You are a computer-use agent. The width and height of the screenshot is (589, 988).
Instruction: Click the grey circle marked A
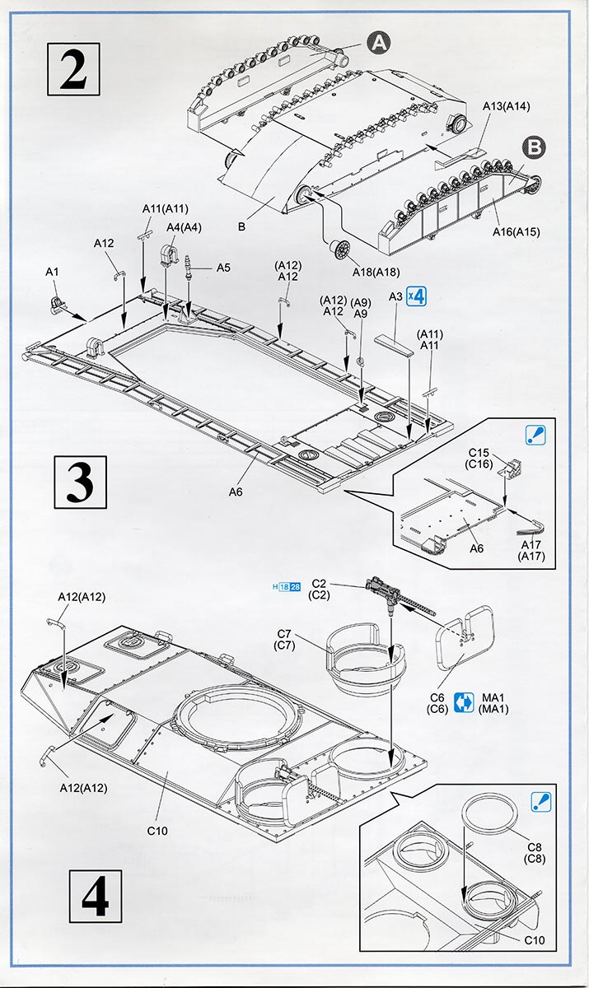click(379, 42)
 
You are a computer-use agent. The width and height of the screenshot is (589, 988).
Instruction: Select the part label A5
click(223, 268)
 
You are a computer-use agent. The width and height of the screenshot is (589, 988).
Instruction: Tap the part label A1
click(52, 272)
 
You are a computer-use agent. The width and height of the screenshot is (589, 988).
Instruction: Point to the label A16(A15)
click(517, 231)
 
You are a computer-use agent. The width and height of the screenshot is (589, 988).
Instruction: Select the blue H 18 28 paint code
click(286, 587)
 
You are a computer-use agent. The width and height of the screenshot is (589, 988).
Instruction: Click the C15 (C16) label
click(479, 459)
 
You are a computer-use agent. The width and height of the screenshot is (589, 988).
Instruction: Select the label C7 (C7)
click(284, 639)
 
